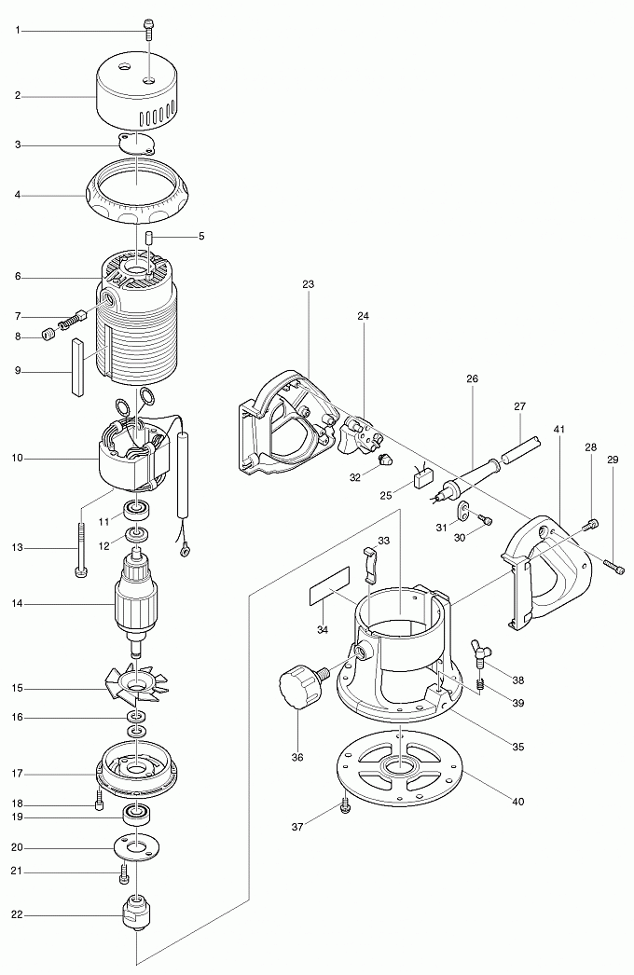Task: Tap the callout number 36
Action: (x=297, y=757)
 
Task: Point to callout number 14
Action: (x=18, y=604)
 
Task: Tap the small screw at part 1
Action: (x=147, y=28)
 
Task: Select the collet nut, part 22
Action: (x=136, y=911)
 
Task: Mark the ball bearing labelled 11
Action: (x=137, y=510)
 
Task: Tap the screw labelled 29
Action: (x=613, y=563)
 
